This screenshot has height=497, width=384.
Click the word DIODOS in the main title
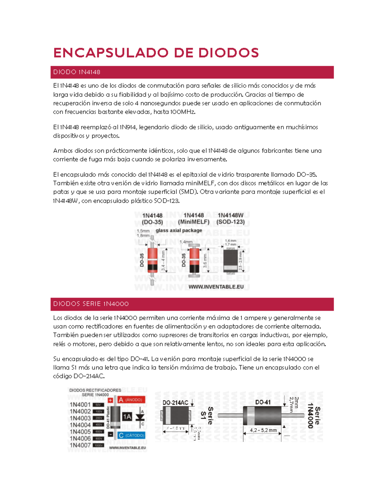[228, 53]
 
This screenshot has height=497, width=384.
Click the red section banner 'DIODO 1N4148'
[192, 72]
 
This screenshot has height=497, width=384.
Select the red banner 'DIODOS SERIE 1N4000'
[192, 304]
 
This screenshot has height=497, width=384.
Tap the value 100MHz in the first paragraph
[182, 112]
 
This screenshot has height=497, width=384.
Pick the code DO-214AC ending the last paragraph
[89, 376]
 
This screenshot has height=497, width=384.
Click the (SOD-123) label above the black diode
[230, 222]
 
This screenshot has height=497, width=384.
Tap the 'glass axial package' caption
[179, 230]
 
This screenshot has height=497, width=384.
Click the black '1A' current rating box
[127, 417]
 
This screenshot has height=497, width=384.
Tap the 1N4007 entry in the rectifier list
[80, 445]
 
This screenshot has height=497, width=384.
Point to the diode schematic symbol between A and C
[140, 417]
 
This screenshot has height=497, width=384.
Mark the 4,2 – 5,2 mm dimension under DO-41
[263, 430]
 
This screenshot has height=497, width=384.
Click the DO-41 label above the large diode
[263, 402]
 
